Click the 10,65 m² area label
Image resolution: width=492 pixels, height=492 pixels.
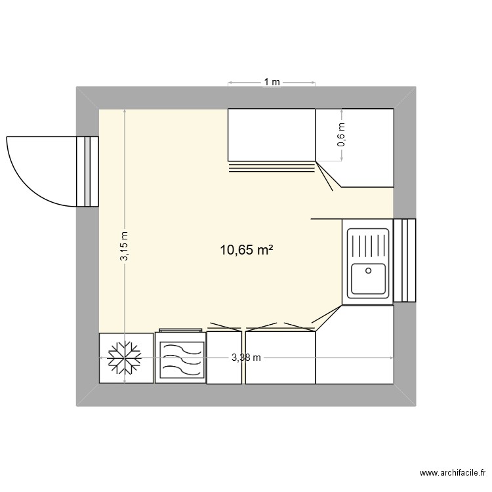pyautogui.click(x=247, y=249)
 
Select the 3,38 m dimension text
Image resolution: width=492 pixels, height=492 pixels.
pyautogui.click(x=246, y=358)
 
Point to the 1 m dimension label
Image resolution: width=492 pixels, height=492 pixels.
pyautogui.click(x=272, y=83)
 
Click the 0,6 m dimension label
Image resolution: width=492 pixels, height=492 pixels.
pyautogui.click(x=340, y=134)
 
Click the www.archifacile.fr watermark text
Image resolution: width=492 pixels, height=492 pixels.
pyautogui.click(x=452, y=473)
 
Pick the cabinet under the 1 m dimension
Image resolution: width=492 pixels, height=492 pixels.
pyautogui.click(x=272, y=134)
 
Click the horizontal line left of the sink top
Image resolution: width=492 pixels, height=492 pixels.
pyautogui.click(x=326, y=218)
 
